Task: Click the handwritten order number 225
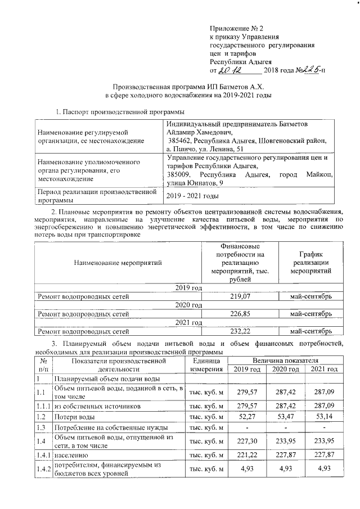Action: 308,70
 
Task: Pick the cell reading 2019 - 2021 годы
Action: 192,195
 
